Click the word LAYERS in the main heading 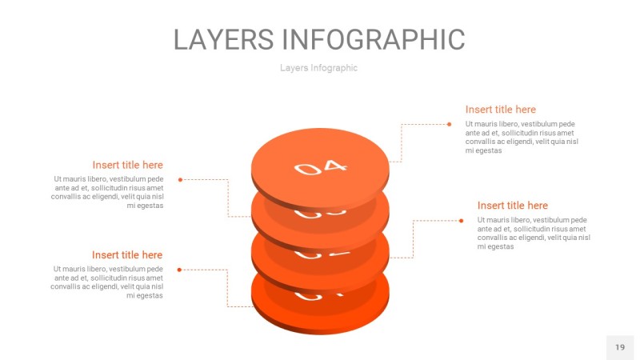tap(224, 39)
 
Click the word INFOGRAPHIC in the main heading tap(374, 39)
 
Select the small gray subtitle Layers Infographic tap(318, 68)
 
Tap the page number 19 tap(620, 347)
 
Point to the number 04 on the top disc tap(321, 167)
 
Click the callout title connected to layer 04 tap(500, 110)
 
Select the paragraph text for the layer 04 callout tap(522, 137)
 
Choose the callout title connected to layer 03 tap(127, 165)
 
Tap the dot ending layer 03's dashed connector tap(180, 179)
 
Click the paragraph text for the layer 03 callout tap(107, 192)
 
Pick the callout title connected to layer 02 tap(512, 206)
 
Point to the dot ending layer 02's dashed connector tap(461, 220)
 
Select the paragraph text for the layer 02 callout tap(534, 233)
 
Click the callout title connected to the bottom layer tap(127, 255)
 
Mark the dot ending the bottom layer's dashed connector tap(179, 270)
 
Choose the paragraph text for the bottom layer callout tap(107, 282)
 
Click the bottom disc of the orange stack tap(320, 316)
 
